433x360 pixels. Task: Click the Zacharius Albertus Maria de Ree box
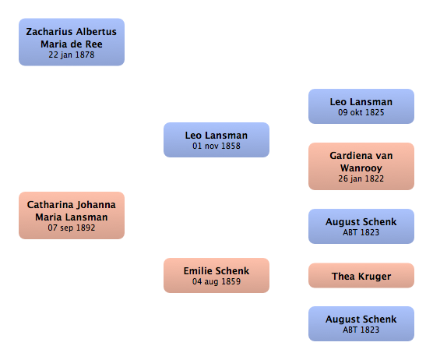click(72, 42)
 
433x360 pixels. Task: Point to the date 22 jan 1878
click(72, 55)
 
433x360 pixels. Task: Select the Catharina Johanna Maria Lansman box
click(72, 215)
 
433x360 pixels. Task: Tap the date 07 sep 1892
click(72, 228)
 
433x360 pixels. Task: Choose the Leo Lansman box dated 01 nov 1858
click(216, 139)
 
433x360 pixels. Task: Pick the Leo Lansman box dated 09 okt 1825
click(361, 107)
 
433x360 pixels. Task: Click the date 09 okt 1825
click(361, 112)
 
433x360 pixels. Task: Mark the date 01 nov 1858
click(216, 146)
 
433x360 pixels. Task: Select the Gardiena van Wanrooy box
click(361, 166)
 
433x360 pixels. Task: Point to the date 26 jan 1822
click(361, 178)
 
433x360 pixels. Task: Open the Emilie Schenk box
click(216, 276)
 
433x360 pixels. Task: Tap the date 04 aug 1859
click(216, 281)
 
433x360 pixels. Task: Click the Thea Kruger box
click(361, 276)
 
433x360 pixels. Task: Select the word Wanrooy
click(361, 168)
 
